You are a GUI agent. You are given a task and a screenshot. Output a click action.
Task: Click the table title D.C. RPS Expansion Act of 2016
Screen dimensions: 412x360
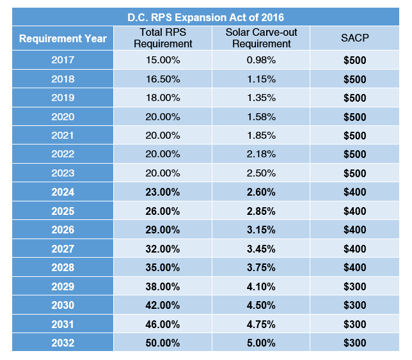pos(206,18)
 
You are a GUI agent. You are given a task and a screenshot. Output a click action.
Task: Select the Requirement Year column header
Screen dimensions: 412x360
pos(63,38)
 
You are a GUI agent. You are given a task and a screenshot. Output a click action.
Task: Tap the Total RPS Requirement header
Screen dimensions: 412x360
pos(163,38)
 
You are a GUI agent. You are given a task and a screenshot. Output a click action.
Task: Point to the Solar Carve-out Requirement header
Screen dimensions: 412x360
pos(261,38)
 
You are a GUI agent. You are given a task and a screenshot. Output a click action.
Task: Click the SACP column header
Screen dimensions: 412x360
pos(354,38)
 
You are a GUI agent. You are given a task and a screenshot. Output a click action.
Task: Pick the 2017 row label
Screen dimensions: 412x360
pos(63,60)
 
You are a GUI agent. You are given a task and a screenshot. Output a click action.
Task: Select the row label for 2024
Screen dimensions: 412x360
pos(63,192)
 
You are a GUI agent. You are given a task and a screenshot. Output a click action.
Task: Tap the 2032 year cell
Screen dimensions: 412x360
pos(63,343)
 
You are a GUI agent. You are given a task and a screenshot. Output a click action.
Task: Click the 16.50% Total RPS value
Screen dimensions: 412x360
pos(163,79)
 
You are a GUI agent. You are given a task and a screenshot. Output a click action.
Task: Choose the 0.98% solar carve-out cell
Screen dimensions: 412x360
pos(261,60)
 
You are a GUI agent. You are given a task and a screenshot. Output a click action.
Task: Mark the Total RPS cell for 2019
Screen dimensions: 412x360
pos(163,98)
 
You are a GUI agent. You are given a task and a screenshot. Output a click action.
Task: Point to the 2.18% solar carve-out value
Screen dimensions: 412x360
pos(261,154)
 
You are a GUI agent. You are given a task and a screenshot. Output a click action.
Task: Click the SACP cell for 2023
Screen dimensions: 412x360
pos(354,173)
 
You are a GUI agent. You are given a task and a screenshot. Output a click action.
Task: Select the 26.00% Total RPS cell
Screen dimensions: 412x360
pos(163,211)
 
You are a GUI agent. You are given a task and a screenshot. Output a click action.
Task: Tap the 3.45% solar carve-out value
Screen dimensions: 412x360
pos(261,249)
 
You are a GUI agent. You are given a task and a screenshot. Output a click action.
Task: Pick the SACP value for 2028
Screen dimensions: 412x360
pos(354,267)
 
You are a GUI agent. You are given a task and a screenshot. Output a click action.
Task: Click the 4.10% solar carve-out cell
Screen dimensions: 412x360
pos(261,286)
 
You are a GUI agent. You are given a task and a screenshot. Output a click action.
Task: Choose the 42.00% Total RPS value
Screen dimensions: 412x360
pos(163,306)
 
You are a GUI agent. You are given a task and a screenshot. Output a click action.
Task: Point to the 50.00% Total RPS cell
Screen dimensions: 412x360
pos(163,343)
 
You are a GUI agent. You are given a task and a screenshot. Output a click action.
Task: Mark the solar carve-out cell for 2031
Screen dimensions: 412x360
pos(261,324)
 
